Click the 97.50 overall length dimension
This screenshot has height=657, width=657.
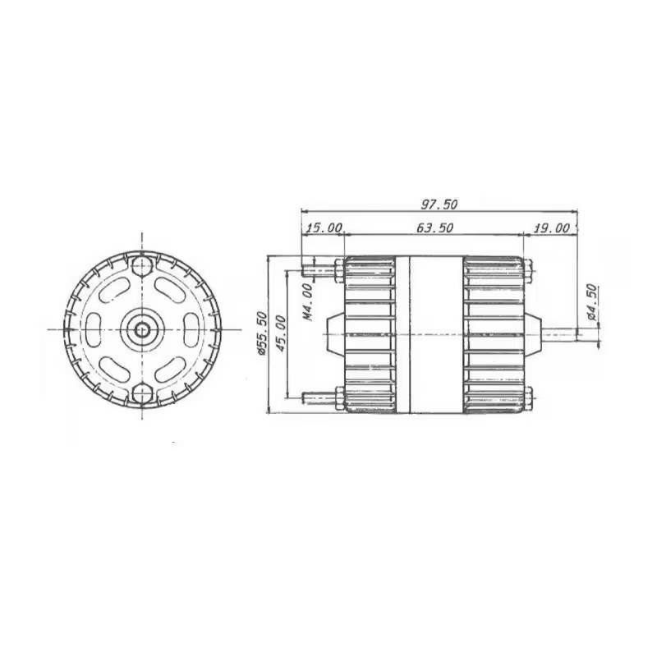point(439,203)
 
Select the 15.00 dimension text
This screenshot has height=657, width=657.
point(323,227)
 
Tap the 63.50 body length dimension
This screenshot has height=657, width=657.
point(433,227)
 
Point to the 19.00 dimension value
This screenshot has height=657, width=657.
point(551,227)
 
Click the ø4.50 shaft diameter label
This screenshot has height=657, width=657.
point(591,301)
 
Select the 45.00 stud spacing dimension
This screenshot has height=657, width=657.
point(280,333)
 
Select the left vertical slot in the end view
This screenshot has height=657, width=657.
point(96,329)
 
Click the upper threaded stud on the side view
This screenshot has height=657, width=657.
point(318,268)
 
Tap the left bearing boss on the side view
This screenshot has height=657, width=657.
point(333,333)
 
